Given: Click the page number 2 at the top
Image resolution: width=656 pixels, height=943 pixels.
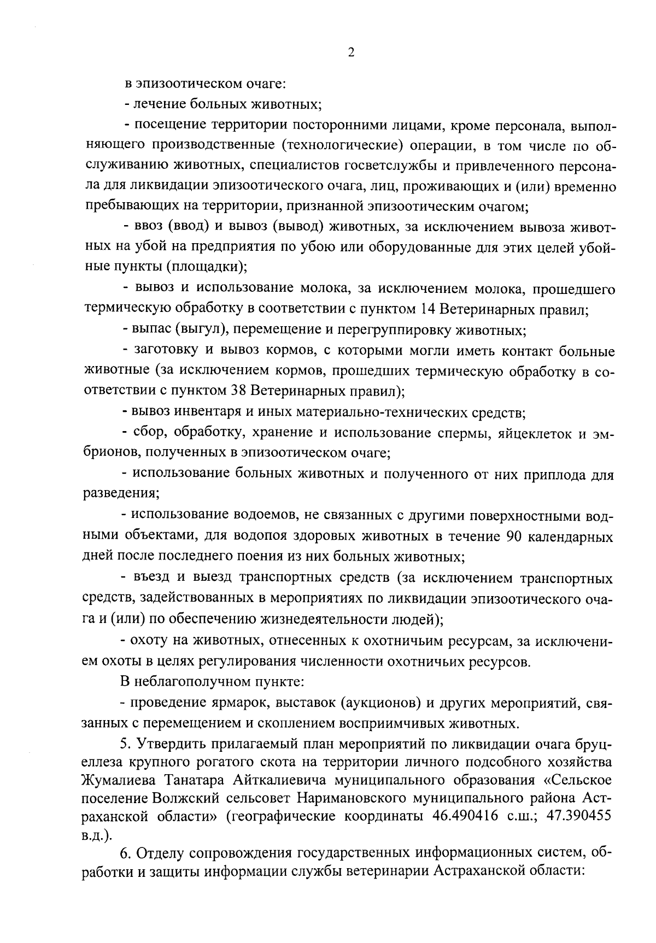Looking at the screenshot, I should (351, 52).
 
